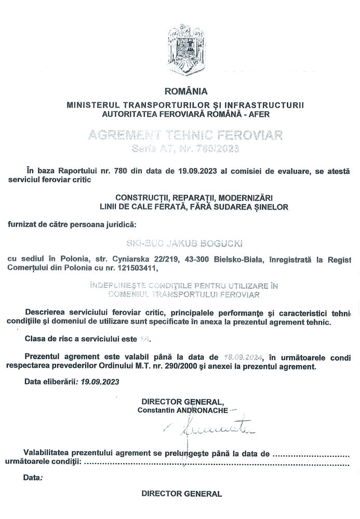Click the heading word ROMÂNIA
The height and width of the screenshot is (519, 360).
click(185, 92)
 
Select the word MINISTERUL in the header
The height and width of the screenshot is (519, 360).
click(94, 105)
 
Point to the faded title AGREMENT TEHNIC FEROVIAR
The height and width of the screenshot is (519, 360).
click(185, 136)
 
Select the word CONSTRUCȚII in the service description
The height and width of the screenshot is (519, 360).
click(142, 198)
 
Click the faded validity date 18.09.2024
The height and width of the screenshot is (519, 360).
click(243, 357)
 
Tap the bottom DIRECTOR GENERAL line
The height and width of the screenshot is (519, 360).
click(181, 494)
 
